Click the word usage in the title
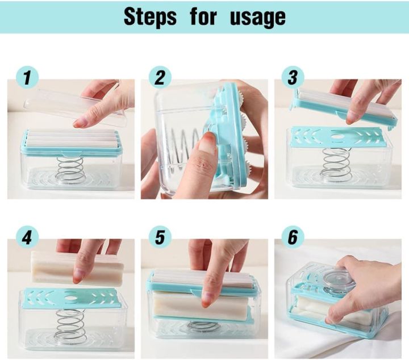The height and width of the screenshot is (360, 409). [257, 18]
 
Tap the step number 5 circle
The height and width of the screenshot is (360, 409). [160, 237]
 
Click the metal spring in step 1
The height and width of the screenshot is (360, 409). [71, 170]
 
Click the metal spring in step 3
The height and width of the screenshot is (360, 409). [336, 165]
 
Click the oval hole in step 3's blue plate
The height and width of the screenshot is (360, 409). [337, 137]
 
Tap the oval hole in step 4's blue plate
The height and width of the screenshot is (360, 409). [70, 297]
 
